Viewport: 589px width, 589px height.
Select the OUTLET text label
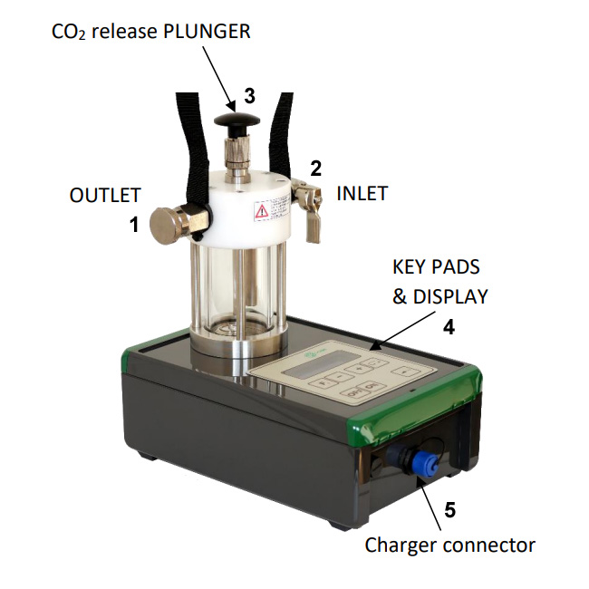(105, 196)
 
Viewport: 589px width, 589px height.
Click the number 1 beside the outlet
(134, 225)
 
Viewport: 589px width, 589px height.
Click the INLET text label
(362, 193)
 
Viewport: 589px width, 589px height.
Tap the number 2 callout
(315, 168)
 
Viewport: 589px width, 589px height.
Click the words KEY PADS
(435, 267)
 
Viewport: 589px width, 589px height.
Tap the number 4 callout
(448, 327)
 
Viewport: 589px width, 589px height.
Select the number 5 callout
(449, 509)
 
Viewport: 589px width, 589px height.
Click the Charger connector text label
(449, 545)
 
